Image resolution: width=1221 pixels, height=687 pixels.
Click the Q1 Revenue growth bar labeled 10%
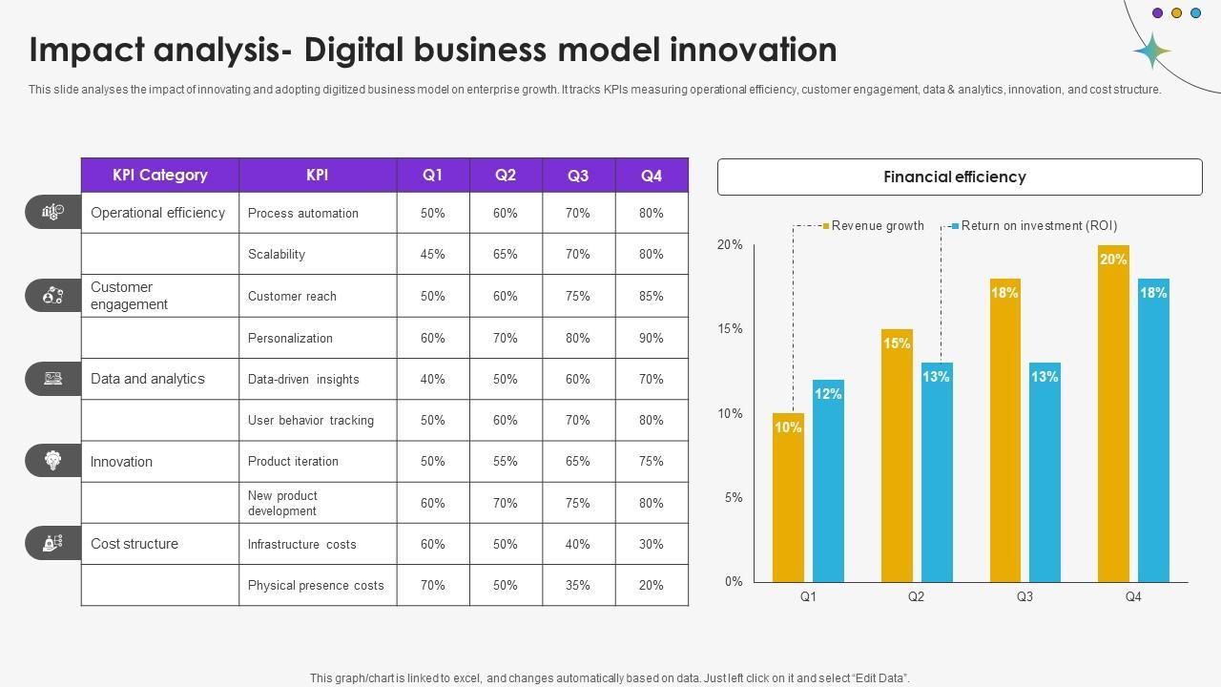click(788, 497)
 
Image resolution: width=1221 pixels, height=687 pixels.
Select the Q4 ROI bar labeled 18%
click(1153, 429)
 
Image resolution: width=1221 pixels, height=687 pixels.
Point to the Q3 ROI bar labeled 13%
click(1045, 471)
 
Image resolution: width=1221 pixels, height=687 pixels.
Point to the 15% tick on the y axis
click(730, 329)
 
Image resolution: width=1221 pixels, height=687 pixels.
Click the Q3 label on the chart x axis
click(1024, 597)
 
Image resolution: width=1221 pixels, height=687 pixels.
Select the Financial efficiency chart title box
click(959, 177)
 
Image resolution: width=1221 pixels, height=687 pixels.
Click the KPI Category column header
click(159, 176)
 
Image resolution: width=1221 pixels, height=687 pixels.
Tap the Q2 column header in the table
click(506, 176)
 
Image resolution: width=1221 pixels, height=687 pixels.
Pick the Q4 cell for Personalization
click(652, 338)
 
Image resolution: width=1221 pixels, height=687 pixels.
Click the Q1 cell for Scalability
click(433, 255)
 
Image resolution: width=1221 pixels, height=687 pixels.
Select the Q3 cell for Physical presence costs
click(578, 585)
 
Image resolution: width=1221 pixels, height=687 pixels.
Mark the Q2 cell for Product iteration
click(506, 461)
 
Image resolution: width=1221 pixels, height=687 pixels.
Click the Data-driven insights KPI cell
click(303, 379)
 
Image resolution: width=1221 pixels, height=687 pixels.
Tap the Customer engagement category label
click(129, 296)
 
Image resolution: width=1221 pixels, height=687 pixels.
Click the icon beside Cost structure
click(53, 544)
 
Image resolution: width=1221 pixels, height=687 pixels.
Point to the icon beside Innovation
click(53, 461)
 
